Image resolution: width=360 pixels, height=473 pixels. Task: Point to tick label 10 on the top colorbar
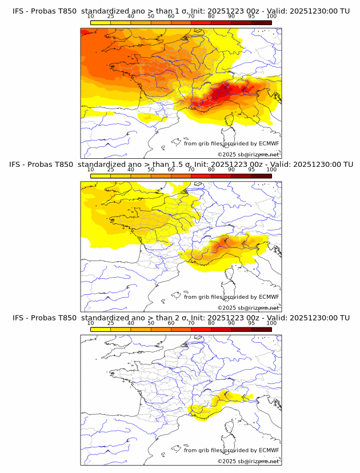pos(91,17)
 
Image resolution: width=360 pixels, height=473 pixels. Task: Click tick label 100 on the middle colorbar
pos(271,170)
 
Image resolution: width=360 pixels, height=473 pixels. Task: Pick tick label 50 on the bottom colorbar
pos(151,323)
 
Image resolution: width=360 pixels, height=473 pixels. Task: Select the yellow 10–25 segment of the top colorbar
pos(101,23)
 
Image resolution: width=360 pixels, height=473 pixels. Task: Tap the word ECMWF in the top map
pos(269,144)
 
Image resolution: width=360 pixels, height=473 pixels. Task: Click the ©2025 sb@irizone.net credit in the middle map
pos(248,308)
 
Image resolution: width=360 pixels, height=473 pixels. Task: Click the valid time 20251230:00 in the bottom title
pos(313,318)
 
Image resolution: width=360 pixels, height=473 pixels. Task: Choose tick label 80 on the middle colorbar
pos(211,170)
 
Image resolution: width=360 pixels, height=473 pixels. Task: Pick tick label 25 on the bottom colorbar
pos(111,323)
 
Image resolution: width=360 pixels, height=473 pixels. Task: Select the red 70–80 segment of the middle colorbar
pos(201,176)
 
